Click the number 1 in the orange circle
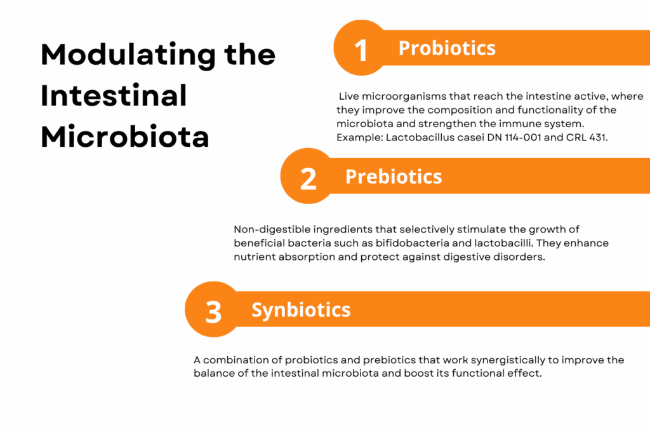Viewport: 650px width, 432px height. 361,51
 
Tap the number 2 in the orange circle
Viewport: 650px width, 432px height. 308,179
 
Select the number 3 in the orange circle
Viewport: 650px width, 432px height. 213,312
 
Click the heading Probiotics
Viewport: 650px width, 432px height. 447,48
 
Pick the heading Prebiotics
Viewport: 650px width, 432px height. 394,177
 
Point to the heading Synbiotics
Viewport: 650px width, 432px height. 301,310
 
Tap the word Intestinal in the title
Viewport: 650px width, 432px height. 114,95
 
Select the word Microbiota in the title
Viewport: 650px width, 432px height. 125,136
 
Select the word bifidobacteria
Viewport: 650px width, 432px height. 420,243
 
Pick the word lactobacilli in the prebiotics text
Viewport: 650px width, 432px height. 503,243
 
